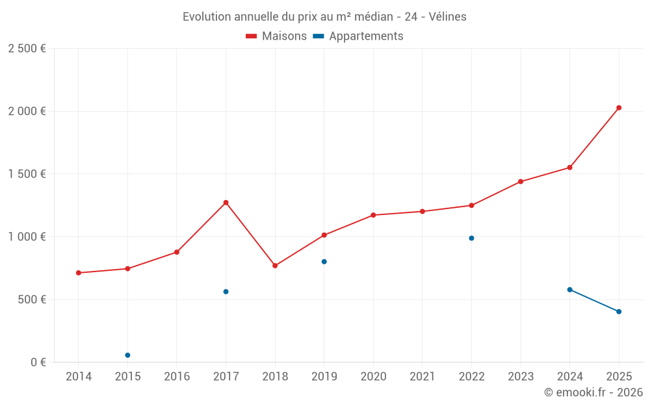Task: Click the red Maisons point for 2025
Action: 619,108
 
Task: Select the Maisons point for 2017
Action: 226,203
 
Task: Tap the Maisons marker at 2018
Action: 275,266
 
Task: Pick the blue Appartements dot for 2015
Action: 127,355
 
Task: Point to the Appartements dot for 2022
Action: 471,238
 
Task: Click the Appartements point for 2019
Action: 324,262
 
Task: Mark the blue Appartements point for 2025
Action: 619,312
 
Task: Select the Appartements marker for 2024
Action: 569,290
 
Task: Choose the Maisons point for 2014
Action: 79,273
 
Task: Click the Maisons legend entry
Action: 276,36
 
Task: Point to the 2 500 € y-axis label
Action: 27,49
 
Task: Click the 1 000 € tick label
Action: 27,237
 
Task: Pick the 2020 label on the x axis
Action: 373,377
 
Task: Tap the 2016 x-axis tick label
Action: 177,377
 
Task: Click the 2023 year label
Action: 521,377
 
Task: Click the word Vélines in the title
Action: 448,17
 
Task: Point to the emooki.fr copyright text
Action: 593,392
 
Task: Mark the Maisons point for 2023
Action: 521,181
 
